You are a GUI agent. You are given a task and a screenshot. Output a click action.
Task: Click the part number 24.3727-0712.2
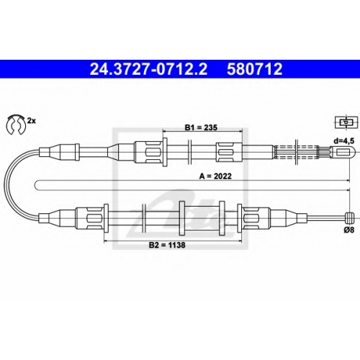coord(148,69)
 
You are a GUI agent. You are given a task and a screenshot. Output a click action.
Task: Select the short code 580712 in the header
coord(255,69)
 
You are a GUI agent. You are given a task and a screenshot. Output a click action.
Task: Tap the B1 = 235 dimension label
coord(201,127)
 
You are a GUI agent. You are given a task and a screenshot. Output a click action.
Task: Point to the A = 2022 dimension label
coord(215,176)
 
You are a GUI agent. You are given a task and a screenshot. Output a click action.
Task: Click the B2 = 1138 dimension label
coord(167,245)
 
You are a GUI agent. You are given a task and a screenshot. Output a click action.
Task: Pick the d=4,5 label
coord(343,141)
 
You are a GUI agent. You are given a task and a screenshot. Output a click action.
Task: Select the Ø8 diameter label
coord(348,230)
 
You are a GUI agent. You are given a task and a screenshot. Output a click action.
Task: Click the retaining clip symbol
coord(15,125)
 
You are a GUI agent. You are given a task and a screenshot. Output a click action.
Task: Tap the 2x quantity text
coord(31,121)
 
